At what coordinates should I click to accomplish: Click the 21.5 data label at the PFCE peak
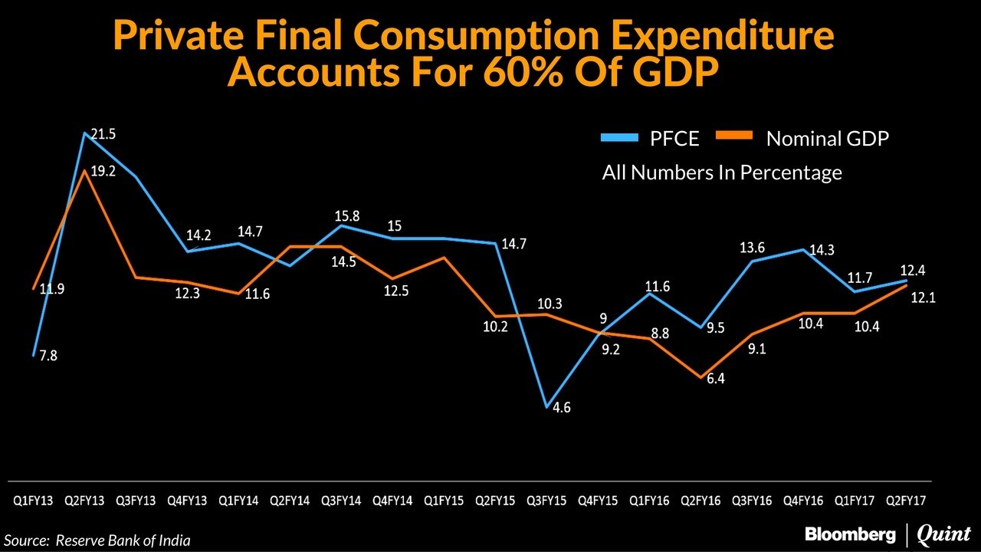(x=103, y=134)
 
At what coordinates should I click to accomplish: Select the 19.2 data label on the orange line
(x=103, y=172)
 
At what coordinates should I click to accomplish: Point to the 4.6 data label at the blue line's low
(x=562, y=408)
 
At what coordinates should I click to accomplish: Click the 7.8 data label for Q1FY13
(x=48, y=356)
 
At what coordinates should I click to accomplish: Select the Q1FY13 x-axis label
(x=33, y=501)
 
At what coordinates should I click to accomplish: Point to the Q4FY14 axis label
(x=392, y=501)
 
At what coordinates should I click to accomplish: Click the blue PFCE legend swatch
(x=618, y=138)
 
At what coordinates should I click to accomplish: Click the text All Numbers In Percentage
(x=722, y=172)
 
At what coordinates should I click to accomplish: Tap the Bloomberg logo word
(x=849, y=534)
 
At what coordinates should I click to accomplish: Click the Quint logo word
(x=943, y=534)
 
